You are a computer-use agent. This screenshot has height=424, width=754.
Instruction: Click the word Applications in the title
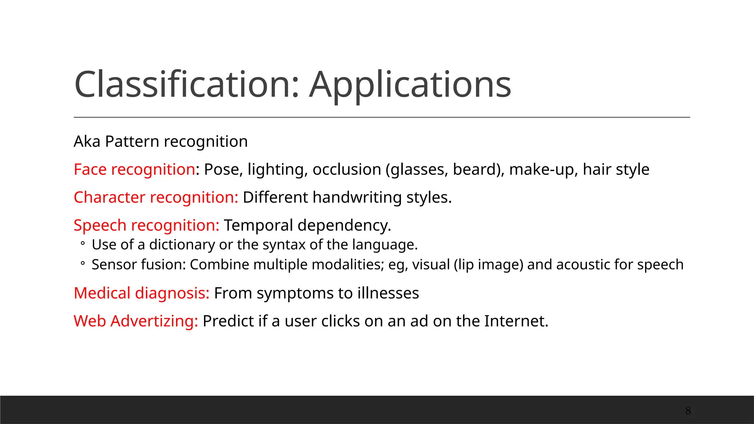(410, 85)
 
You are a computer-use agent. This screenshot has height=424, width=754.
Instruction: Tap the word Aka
(87, 141)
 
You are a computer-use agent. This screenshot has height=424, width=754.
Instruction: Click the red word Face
(90, 169)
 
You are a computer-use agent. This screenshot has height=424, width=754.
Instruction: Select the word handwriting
(357, 198)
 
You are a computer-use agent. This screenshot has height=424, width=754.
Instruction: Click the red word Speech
(100, 226)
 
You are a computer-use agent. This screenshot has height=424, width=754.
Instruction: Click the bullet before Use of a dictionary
(83, 243)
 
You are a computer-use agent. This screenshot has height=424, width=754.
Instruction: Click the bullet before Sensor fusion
(83, 263)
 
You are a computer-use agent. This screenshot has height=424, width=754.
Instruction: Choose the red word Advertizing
(154, 321)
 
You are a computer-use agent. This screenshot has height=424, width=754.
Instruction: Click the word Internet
(515, 321)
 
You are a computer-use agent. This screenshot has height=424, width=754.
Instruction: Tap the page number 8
(688, 411)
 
